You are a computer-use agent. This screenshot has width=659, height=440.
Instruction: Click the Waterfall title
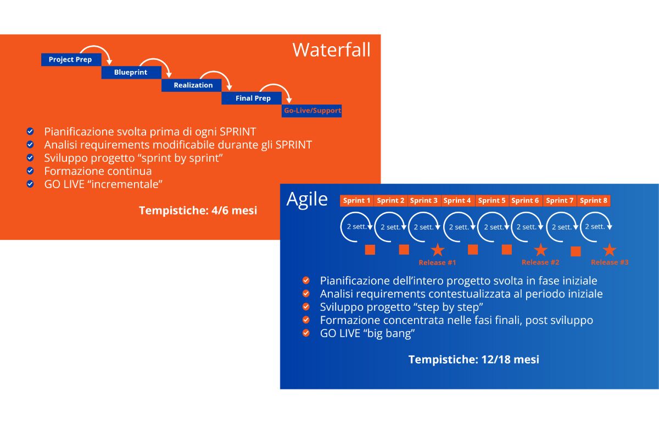[x=331, y=50]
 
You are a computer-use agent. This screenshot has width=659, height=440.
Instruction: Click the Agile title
[x=307, y=199]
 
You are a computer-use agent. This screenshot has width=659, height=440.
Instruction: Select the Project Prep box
[x=70, y=59]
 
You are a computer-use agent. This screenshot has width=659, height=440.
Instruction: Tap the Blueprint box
[x=131, y=73]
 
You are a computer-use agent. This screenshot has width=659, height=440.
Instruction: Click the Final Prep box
[x=253, y=98]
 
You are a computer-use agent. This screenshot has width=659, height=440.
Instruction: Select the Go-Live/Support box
[x=312, y=111]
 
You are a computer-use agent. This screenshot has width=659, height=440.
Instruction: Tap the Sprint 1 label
[x=356, y=201]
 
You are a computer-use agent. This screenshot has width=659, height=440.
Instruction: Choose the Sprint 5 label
[x=492, y=201]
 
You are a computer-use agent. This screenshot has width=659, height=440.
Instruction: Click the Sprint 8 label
[x=593, y=201]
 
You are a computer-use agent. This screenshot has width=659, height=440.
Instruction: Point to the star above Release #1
[x=438, y=250]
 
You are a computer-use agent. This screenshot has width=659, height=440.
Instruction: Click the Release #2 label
[x=540, y=262]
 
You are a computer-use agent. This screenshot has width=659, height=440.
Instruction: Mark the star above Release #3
[x=609, y=250]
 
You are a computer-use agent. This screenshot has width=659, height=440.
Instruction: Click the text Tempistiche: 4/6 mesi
[x=198, y=210]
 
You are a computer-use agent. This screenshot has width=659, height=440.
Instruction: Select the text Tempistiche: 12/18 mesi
[x=473, y=360]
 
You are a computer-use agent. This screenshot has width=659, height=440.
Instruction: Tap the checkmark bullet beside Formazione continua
[x=30, y=171]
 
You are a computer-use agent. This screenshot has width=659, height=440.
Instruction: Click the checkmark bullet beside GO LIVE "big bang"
[x=306, y=333]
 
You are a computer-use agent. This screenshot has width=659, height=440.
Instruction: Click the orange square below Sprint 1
[x=370, y=250]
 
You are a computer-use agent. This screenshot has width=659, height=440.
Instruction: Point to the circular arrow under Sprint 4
[x=459, y=226]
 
